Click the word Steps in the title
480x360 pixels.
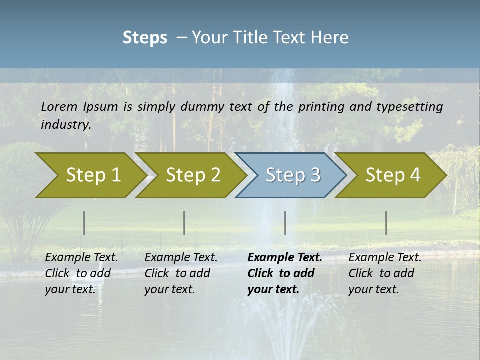pos(145,38)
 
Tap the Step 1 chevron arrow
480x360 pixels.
pos(90,175)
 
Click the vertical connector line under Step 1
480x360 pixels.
pos(84,223)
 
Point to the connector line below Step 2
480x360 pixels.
pos(184,223)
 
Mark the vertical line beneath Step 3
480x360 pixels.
pos(285,223)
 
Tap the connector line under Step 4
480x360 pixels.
pos(386,223)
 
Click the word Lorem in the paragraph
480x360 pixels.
pos(59,106)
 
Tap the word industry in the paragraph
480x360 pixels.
pos(66,125)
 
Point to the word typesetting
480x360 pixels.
pos(409,107)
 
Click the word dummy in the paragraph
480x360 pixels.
pos(203,107)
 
